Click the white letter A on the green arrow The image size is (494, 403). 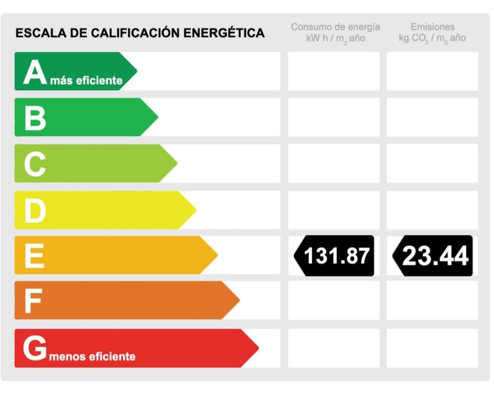[x=35, y=73]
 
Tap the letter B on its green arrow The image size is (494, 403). [x=35, y=118]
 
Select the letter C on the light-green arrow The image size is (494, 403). [x=35, y=164]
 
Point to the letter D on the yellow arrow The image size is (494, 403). [x=35, y=211]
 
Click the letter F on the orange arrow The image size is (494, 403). [x=33, y=301]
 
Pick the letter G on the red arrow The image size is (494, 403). [x=35, y=349]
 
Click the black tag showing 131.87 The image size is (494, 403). [x=334, y=256]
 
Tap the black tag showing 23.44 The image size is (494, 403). [x=433, y=256]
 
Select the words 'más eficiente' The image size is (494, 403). [x=89, y=81]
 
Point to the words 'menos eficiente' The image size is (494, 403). [x=92, y=356]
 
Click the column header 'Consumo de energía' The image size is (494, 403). [x=335, y=27]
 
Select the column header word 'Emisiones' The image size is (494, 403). [x=432, y=27]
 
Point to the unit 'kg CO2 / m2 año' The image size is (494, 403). [x=432, y=38]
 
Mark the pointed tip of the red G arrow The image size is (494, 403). [x=258, y=348]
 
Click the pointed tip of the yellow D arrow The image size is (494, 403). [x=195, y=210]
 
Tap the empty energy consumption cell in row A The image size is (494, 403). [x=333, y=71]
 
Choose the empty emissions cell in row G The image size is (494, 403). [x=432, y=348]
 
